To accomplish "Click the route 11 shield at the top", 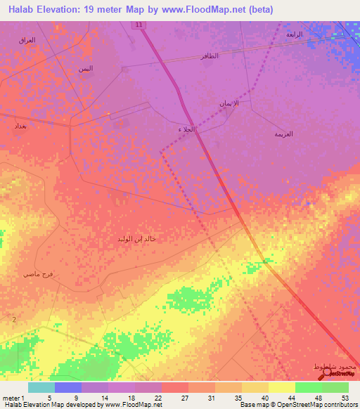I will [139, 25].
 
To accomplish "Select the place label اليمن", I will [85, 68].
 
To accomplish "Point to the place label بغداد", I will [20, 126].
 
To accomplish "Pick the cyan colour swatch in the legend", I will [41, 387].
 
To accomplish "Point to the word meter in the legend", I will [11, 397].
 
